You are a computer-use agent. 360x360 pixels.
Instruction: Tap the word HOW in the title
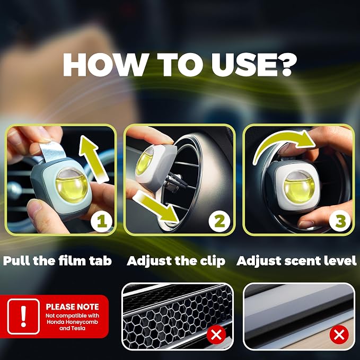[105, 65]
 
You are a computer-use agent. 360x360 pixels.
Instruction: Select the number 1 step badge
[101, 221]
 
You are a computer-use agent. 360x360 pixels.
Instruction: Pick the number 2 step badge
[219, 221]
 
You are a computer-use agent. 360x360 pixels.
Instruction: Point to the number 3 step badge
[340, 221]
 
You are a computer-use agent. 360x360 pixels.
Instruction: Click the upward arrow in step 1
[93, 159]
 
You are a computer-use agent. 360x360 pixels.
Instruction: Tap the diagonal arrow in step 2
[156, 207]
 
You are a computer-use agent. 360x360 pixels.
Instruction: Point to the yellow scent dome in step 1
[72, 185]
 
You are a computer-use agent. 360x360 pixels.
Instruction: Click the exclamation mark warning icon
[23, 317]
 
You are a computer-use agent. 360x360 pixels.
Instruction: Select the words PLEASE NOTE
[72, 307]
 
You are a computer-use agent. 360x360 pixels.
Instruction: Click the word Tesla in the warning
[79, 328]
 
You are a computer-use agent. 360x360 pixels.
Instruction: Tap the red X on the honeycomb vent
[216, 335]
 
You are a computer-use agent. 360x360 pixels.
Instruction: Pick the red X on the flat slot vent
[339, 335]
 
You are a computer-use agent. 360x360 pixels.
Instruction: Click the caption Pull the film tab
[57, 261]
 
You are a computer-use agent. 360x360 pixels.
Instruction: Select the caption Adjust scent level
[296, 261]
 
